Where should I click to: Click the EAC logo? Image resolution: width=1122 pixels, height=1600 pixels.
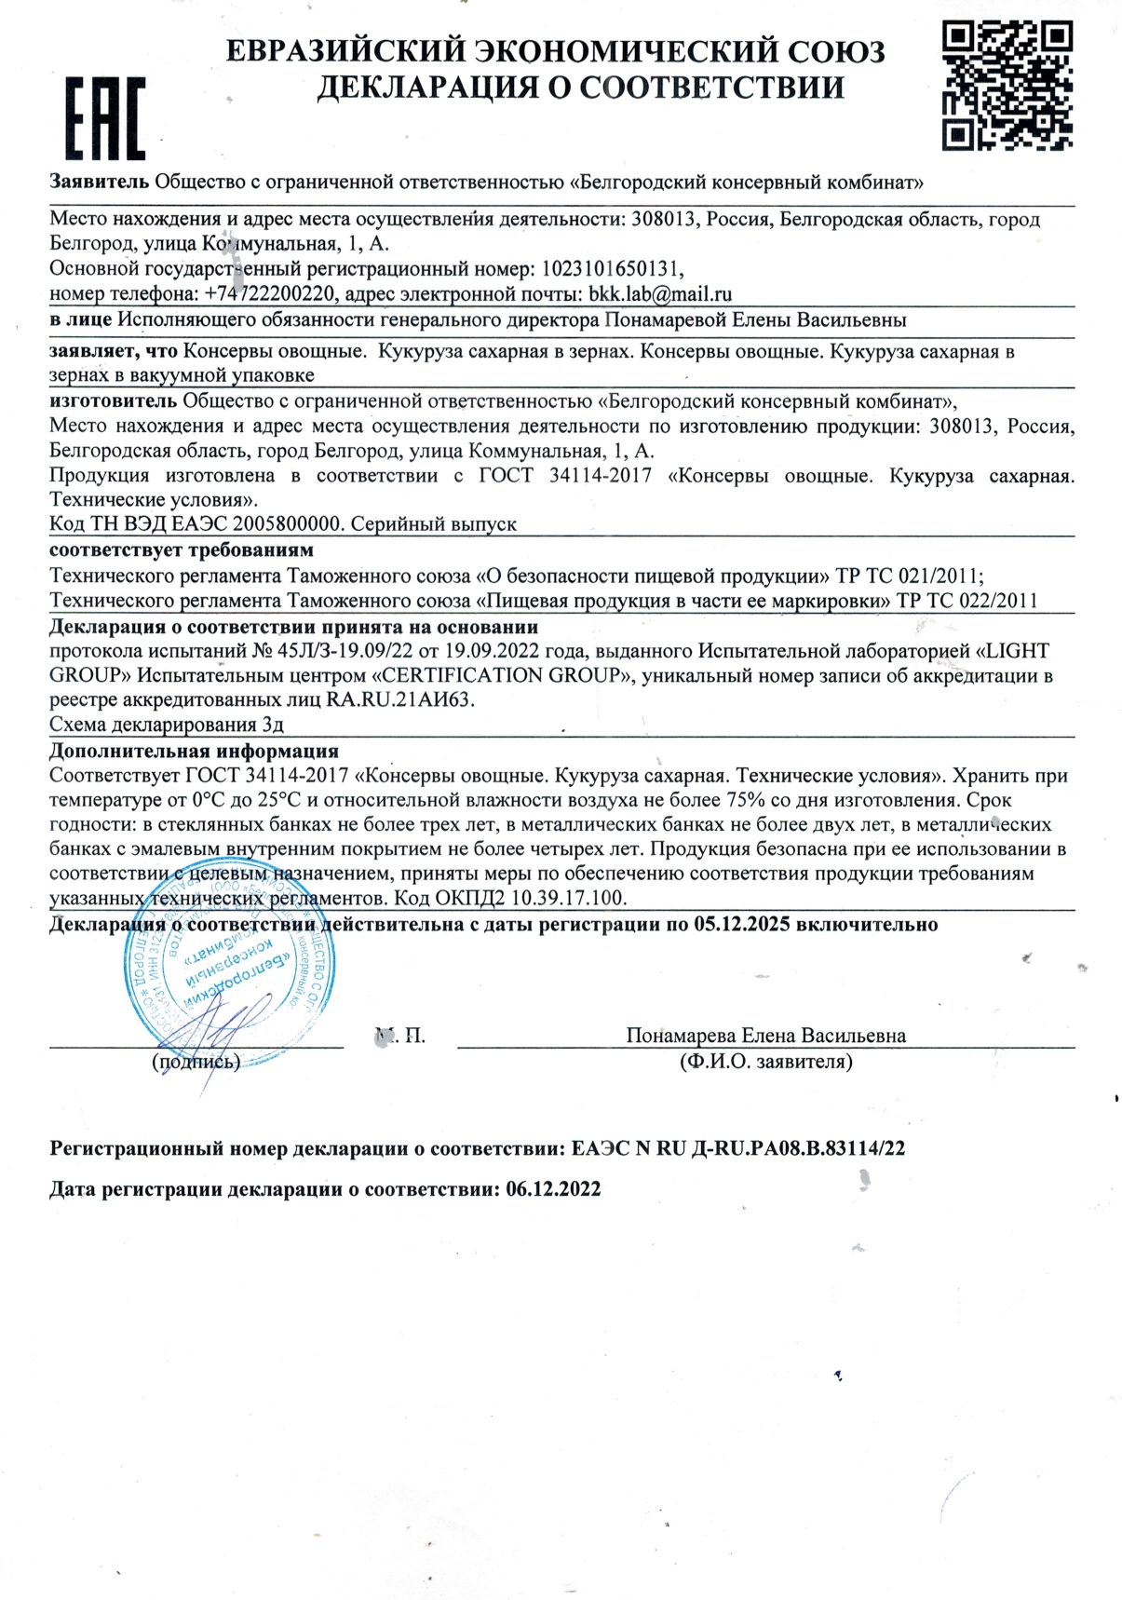(x=103, y=118)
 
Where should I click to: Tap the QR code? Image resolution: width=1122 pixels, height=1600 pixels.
(x=1007, y=86)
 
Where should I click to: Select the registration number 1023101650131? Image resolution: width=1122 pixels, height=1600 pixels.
(x=611, y=269)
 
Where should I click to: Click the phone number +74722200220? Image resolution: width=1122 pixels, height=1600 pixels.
(x=271, y=294)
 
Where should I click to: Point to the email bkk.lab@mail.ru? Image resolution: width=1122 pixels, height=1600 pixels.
(x=660, y=294)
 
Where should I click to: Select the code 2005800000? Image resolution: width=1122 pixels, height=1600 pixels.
(x=297, y=524)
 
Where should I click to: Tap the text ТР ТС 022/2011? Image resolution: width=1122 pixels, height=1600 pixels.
(x=967, y=601)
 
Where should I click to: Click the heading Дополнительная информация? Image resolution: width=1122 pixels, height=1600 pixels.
(x=194, y=751)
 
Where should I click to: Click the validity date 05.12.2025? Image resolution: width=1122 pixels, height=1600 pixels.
(x=742, y=924)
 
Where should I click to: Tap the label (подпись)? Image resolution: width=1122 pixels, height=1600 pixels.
(x=196, y=1061)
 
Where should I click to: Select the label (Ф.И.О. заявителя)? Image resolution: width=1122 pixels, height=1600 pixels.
(x=765, y=1061)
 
